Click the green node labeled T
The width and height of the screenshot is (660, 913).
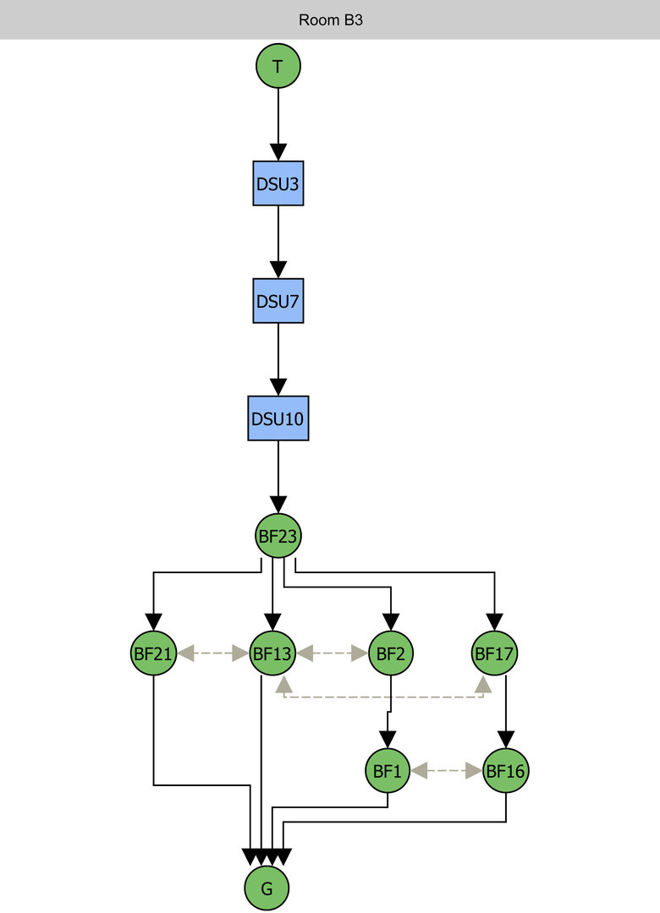pos(278,65)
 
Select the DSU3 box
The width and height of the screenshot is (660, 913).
pos(278,183)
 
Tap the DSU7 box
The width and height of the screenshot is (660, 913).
pos(278,300)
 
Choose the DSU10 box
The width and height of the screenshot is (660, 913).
pos(278,418)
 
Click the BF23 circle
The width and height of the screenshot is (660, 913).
pos(278,535)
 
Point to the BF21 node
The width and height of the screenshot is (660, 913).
pos(153,653)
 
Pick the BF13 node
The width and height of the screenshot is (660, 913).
pos(272,653)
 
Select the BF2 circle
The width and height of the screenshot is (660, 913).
pos(390,653)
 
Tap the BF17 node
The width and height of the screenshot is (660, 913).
pos(495,653)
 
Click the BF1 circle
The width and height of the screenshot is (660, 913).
pos(387,770)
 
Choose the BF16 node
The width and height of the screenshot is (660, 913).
pos(506,770)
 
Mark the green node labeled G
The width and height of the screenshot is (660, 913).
pos(267,888)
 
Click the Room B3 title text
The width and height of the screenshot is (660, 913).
pos(330,19)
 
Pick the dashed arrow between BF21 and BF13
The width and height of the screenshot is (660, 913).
pos(213,653)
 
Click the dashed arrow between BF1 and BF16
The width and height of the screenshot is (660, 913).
pos(446,770)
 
